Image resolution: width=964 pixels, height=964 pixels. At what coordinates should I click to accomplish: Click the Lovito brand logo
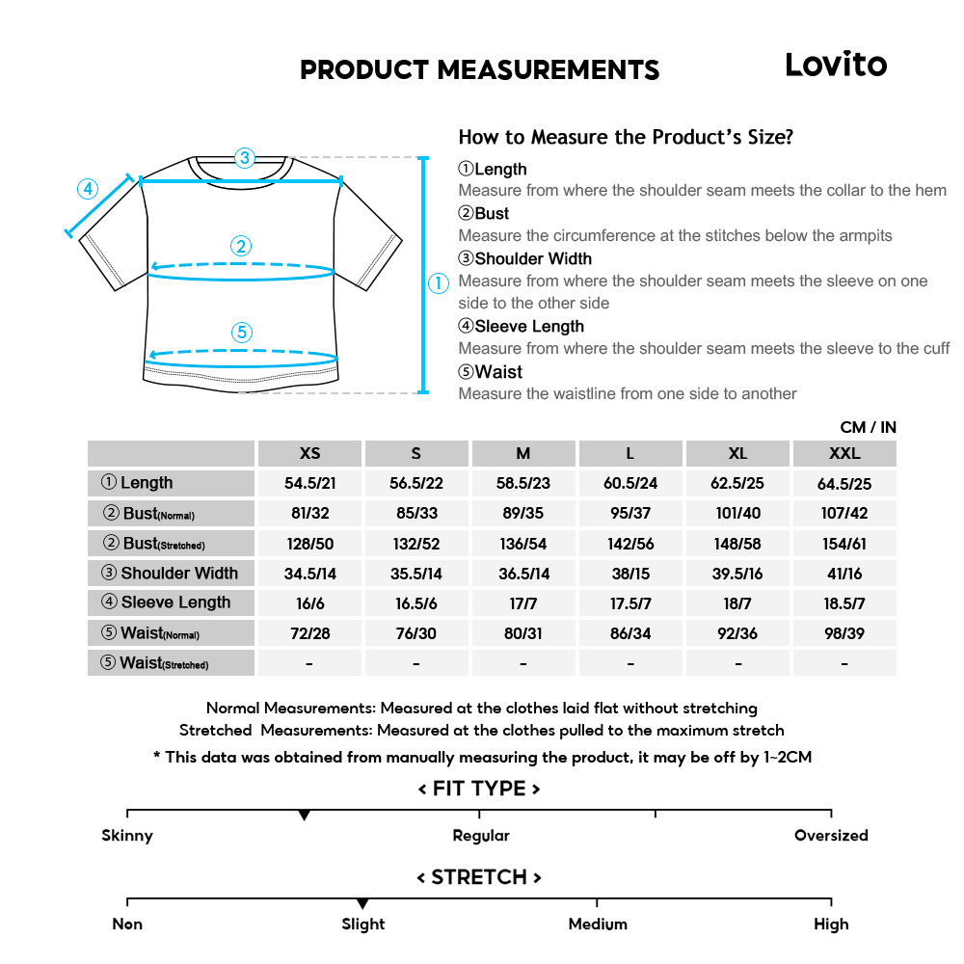tap(835, 65)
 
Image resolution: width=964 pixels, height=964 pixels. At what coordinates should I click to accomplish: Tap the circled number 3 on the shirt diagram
tap(245, 158)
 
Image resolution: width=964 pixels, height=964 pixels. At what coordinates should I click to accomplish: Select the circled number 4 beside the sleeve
tap(88, 189)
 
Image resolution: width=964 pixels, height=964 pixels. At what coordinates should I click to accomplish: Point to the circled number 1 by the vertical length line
tap(438, 283)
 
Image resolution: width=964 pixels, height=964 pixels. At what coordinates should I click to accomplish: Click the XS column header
tap(310, 453)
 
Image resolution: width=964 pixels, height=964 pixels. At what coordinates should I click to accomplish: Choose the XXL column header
tap(844, 453)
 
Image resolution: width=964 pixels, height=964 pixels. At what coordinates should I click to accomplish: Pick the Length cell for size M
tap(523, 483)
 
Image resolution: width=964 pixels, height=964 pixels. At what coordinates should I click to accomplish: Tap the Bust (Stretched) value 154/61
tap(844, 544)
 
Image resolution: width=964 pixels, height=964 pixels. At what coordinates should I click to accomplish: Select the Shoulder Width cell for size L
tap(630, 574)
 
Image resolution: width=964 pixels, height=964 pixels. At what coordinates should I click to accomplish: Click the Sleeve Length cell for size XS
tap(310, 603)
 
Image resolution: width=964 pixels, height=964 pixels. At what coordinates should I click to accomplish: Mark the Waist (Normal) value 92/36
tap(737, 633)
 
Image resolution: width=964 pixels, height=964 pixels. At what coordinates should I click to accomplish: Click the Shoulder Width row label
tap(171, 574)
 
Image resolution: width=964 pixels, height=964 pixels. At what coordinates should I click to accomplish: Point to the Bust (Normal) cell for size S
tap(416, 514)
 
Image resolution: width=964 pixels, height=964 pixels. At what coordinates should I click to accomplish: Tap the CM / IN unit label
tap(868, 427)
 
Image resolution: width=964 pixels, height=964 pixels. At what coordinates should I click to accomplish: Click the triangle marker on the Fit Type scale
tap(305, 816)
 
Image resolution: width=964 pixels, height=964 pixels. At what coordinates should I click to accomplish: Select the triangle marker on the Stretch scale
tap(362, 903)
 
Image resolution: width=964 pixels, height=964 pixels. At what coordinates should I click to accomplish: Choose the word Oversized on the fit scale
tap(831, 836)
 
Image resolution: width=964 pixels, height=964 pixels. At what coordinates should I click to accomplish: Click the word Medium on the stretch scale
tap(598, 924)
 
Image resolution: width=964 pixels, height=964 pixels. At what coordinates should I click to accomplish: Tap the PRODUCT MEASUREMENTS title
tap(479, 70)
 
